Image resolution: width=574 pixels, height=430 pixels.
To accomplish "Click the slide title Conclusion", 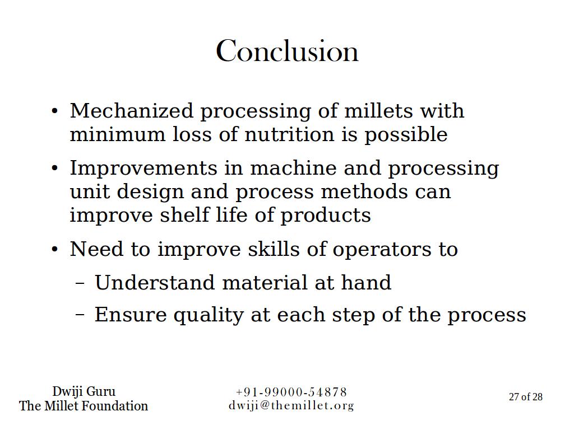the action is tap(287, 51).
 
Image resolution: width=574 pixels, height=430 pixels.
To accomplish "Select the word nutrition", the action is tap(290, 134).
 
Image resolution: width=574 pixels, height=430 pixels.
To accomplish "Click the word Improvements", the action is tap(143, 168).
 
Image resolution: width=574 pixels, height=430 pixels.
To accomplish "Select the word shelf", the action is tap(184, 214).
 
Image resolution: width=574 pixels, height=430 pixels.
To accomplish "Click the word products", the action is tap(326, 216).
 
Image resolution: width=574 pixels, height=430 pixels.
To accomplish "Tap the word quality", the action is tap(209, 316).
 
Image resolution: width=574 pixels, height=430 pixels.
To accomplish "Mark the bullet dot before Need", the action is tap(55, 250).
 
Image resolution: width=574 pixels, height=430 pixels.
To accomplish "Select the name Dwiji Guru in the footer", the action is tap(84, 391).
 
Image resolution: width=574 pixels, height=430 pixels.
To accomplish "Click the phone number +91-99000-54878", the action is tap(291, 392).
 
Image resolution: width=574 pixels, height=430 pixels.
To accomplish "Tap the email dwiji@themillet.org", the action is tap(291, 406).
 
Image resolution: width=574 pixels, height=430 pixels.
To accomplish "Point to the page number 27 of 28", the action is tap(526, 397).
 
